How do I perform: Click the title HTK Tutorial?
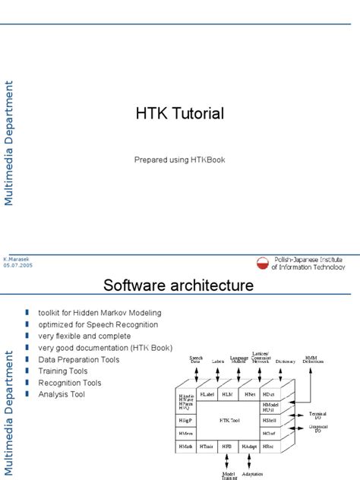pyautogui.click(x=179, y=114)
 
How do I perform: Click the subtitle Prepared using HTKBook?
pyautogui.click(x=179, y=159)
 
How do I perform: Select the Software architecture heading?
pyautogui.click(x=178, y=286)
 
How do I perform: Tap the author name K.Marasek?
pyautogui.click(x=17, y=259)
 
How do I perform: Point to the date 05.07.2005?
pyautogui.click(x=18, y=266)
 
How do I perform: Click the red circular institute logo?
pyautogui.click(x=264, y=263)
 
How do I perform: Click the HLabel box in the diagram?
pyautogui.click(x=207, y=395)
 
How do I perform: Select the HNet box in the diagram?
pyautogui.click(x=249, y=395)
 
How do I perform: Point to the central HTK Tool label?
pyautogui.click(x=229, y=419)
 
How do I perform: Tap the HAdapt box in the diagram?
pyautogui.click(x=250, y=447)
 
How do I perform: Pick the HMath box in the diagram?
pyautogui.click(x=186, y=447)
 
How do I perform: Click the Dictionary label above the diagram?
pyautogui.click(x=286, y=362)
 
